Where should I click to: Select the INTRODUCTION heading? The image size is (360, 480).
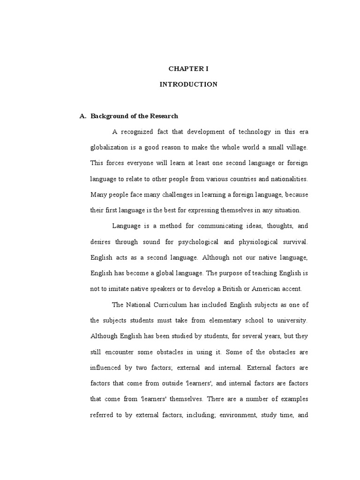188,84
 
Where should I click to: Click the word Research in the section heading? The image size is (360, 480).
164,116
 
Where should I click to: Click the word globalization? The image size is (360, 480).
109,147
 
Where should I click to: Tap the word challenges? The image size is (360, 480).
161,195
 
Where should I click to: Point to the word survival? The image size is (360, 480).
293,242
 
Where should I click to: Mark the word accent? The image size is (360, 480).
294,289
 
